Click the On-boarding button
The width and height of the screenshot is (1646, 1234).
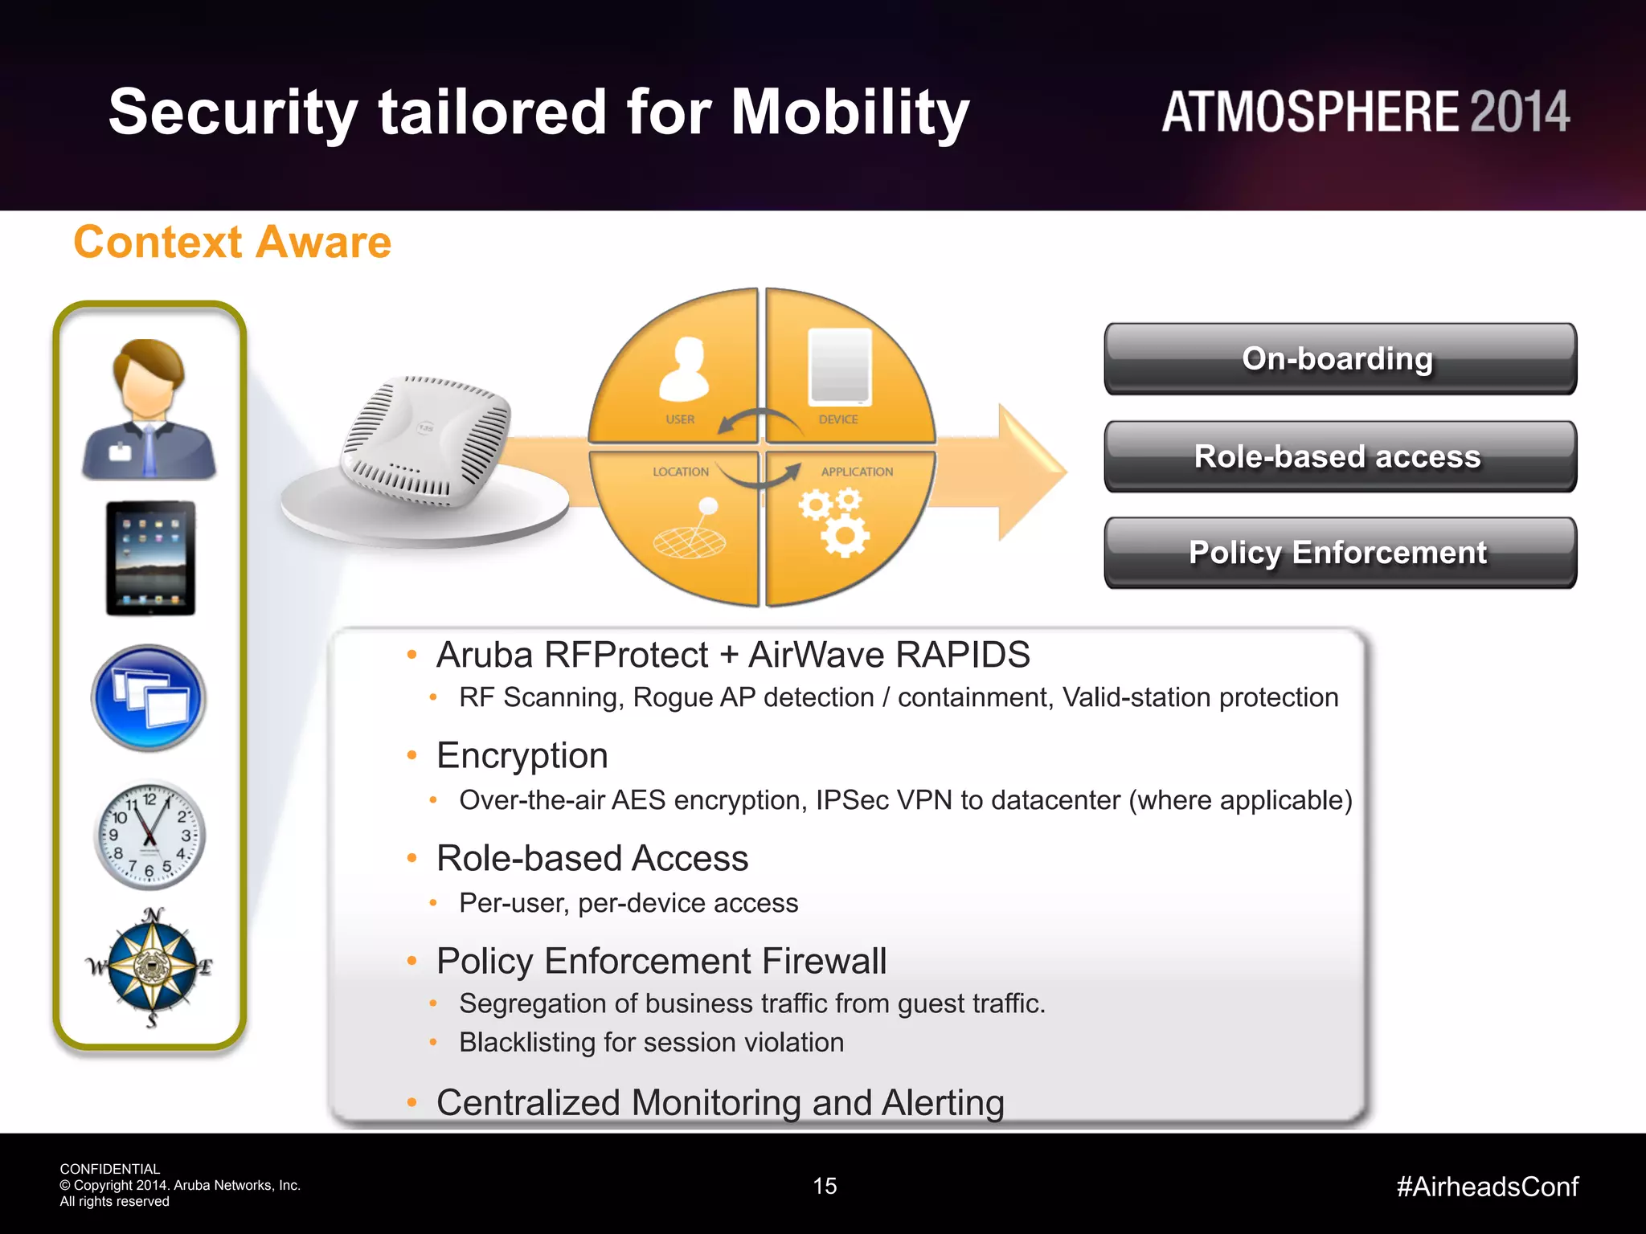point(1340,359)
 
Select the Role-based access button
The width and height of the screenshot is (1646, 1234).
point(1340,456)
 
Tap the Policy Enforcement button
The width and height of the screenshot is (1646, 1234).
point(1340,553)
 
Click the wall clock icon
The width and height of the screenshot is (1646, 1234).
point(149,836)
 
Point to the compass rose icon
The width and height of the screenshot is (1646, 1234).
point(151,966)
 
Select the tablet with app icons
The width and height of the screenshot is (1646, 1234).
point(150,558)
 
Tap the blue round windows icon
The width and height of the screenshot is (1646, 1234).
point(149,698)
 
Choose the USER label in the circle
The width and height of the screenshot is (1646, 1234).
point(680,419)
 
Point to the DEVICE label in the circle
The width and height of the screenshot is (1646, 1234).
point(838,419)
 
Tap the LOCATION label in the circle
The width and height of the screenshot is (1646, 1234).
point(681,472)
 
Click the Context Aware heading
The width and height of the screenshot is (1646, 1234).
point(232,242)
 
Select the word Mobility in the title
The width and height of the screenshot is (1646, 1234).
point(850,112)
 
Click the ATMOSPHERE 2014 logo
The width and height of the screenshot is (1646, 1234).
point(1365,112)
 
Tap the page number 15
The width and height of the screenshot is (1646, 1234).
point(825,1186)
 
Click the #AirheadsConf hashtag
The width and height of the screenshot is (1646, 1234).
point(1487,1187)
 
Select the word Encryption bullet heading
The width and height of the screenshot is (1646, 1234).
point(522,756)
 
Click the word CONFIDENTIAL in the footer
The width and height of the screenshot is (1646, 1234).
point(110,1169)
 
